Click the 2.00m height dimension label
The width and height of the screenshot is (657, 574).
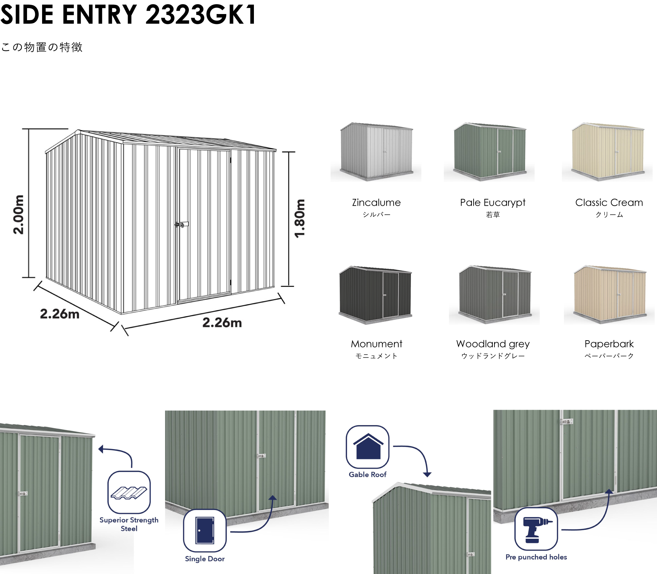19,215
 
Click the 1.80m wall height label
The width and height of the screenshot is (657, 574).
300,218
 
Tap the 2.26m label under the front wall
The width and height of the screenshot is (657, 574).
222,322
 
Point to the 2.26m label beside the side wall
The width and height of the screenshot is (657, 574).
60,314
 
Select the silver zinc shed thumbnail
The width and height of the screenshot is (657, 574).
376,151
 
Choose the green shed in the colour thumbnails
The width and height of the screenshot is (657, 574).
489,151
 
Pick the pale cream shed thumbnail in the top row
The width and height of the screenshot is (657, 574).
607,151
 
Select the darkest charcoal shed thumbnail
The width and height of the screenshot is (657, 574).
374,292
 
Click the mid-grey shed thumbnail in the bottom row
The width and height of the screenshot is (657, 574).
494,294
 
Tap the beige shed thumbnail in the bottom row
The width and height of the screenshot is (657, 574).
609,294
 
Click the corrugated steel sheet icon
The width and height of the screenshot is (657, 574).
129,492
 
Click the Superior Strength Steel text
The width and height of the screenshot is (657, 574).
129,524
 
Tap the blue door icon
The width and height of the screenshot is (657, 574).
205,530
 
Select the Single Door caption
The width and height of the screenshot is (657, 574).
205,559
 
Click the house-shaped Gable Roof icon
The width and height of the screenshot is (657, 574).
368,447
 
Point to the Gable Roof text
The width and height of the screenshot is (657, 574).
368,474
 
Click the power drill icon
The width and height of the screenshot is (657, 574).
536,529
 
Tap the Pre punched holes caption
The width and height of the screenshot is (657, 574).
536,557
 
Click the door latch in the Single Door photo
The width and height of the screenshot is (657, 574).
261,456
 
